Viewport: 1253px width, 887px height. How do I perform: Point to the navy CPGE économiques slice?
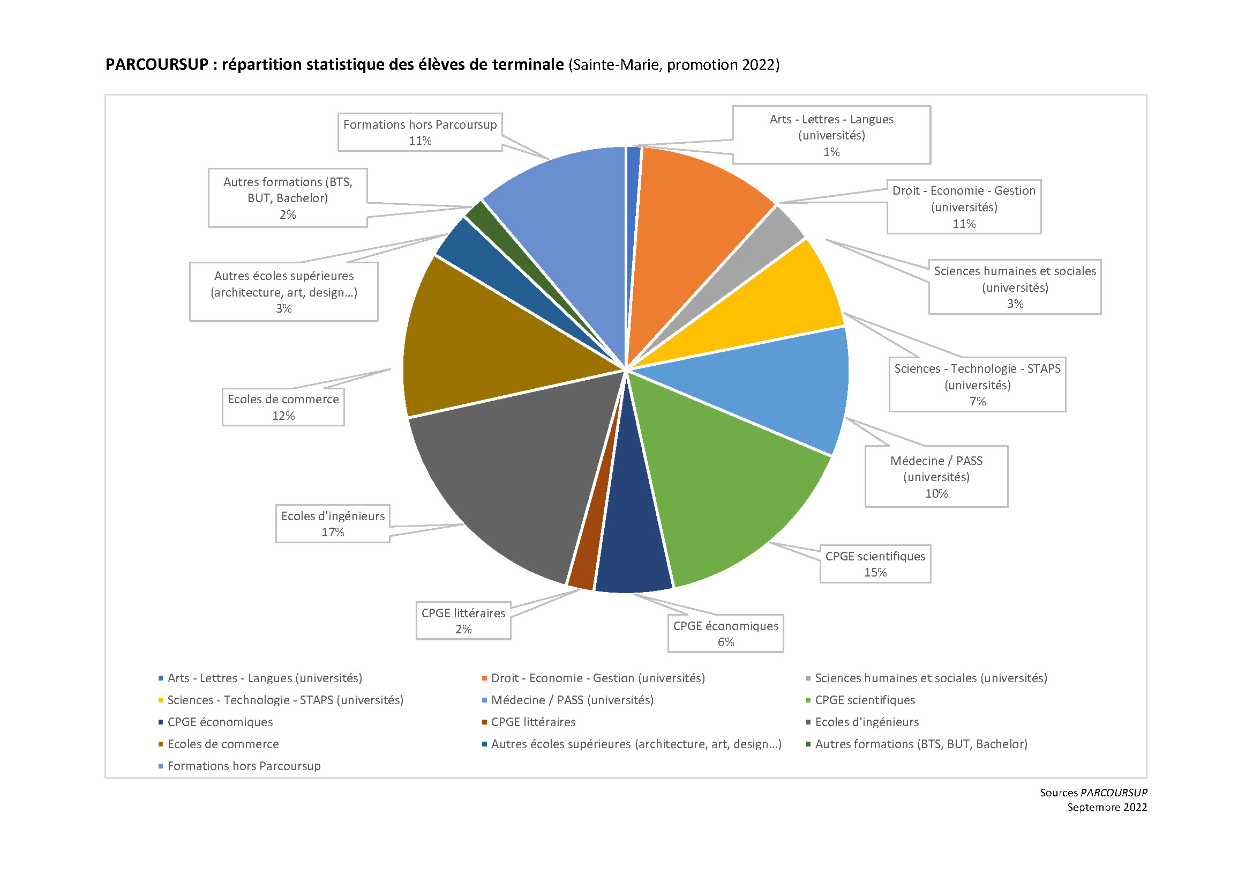point(633,546)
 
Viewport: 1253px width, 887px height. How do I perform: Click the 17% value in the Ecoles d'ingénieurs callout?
point(332,532)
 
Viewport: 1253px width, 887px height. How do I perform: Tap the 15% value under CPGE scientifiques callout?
point(875,572)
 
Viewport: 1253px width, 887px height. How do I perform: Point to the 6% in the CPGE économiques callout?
point(725,642)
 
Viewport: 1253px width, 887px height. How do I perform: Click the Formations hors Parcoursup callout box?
point(419,132)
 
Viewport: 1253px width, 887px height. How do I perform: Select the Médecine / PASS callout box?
point(936,476)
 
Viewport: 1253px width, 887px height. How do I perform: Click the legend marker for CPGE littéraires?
point(484,722)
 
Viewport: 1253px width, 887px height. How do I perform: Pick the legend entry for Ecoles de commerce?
point(223,744)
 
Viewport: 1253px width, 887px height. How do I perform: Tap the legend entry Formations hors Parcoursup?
point(243,766)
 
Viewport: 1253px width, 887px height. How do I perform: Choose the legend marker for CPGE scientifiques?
point(808,700)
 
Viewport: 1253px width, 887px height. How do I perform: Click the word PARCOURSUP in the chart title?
point(156,64)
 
